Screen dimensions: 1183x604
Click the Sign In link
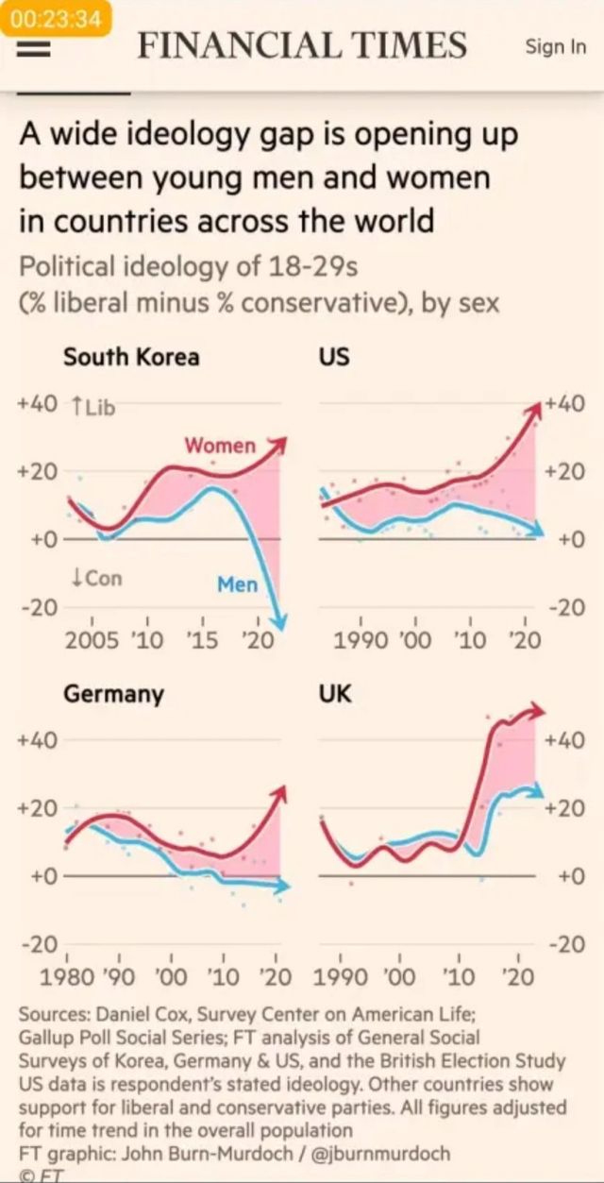pyautogui.click(x=556, y=46)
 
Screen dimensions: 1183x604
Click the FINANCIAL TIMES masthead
pyautogui.click(x=302, y=45)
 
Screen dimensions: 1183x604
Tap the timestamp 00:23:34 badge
pyautogui.click(x=58, y=19)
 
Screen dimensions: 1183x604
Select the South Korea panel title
pyautogui.click(x=131, y=357)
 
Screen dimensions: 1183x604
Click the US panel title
pyautogui.click(x=334, y=357)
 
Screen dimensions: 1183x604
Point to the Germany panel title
pyautogui.click(x=113, y=694)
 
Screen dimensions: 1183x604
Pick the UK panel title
pyautogui.click(x=335, y=694)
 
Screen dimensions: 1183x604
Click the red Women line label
pyautogui.click(x=220, y=444)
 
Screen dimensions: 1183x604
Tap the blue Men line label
pyautogui.click(x=237, y=584)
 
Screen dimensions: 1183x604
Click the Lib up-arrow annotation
pyautogui.click(x=92, y=406)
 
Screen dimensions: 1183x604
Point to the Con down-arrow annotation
pyautogui.click(x=97, y=577)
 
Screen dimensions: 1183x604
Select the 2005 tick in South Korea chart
pyautogui.click(x=92, y=639)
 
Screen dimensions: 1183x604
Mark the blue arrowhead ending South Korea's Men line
pyautogui.click(x=278, y=620)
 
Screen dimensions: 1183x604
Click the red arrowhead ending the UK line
pyautogui.click(x=537, y=711)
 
